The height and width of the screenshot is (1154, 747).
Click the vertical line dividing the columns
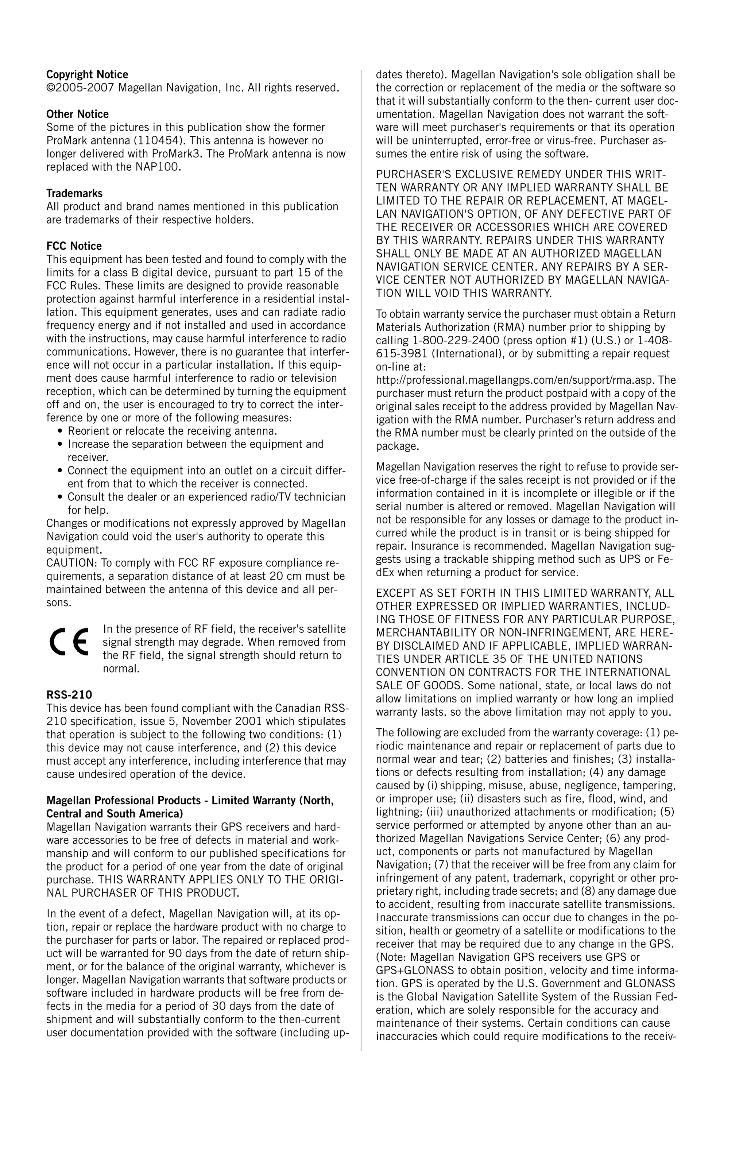coord(361,558)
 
